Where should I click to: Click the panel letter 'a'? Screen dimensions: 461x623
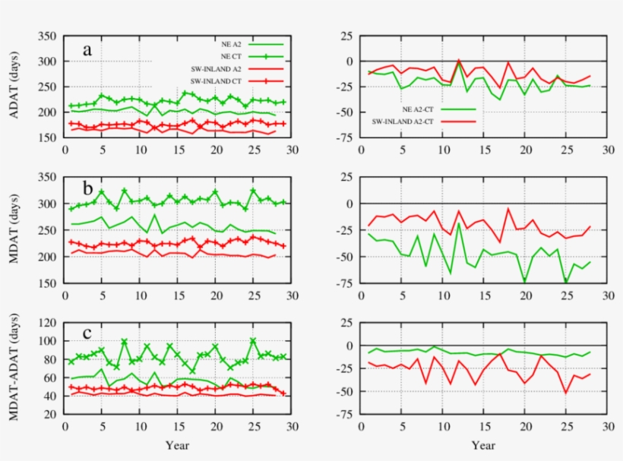click(x=88, y=51)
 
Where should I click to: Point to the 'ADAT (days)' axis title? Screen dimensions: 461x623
click(x=16, y=87)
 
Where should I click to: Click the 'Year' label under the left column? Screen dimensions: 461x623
click(x=178, y=444)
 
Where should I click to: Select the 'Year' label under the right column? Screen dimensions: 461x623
click(x=484, y=444)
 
